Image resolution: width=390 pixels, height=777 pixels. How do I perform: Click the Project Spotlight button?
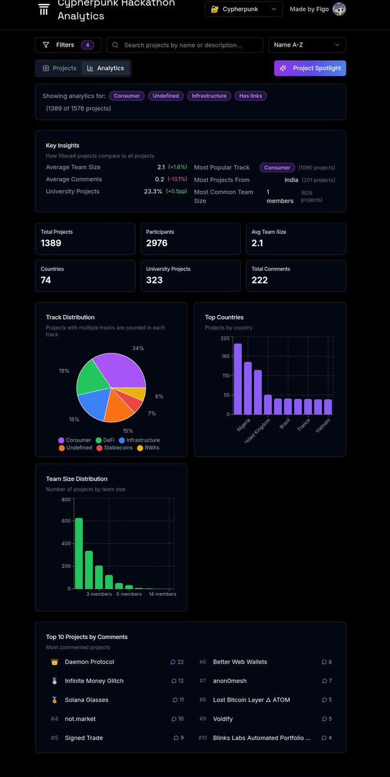tap(310, 68)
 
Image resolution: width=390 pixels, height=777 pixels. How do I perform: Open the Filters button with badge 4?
tap(68, 45)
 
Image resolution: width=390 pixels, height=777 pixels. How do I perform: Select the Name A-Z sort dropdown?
tap(306, 45)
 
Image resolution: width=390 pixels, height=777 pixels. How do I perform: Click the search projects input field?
tap(185, 45)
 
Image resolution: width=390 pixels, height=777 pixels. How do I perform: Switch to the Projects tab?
tap(60, 68)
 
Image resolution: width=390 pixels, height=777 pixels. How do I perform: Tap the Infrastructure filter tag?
tap(209, 96)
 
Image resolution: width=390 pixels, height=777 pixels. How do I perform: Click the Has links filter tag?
tap(251, 96)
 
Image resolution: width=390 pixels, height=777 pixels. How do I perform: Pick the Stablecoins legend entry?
tap(117, 447)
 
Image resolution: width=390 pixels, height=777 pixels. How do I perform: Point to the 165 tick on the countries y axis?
tap(225, 357)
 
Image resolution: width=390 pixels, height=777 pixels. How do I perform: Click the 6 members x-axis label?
tap(129, 594)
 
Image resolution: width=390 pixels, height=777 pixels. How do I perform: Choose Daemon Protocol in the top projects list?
tap(89, 662)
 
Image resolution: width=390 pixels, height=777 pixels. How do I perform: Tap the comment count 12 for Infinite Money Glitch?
tap(178, 681)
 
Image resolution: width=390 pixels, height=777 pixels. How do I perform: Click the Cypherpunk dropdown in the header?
tap(244, 9)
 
